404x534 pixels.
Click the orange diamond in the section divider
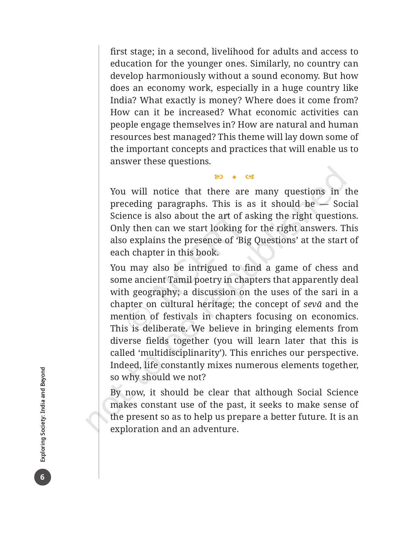coord(234,177)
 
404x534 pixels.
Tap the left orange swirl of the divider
coord(219,177)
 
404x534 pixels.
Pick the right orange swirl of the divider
coord(250,177)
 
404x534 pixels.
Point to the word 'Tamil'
coord(180,280)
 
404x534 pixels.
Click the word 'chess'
coord(326,268)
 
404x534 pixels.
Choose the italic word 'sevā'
coord(313,304)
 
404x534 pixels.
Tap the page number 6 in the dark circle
coord(42,477)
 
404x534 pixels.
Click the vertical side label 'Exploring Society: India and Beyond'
coord(43,414)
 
